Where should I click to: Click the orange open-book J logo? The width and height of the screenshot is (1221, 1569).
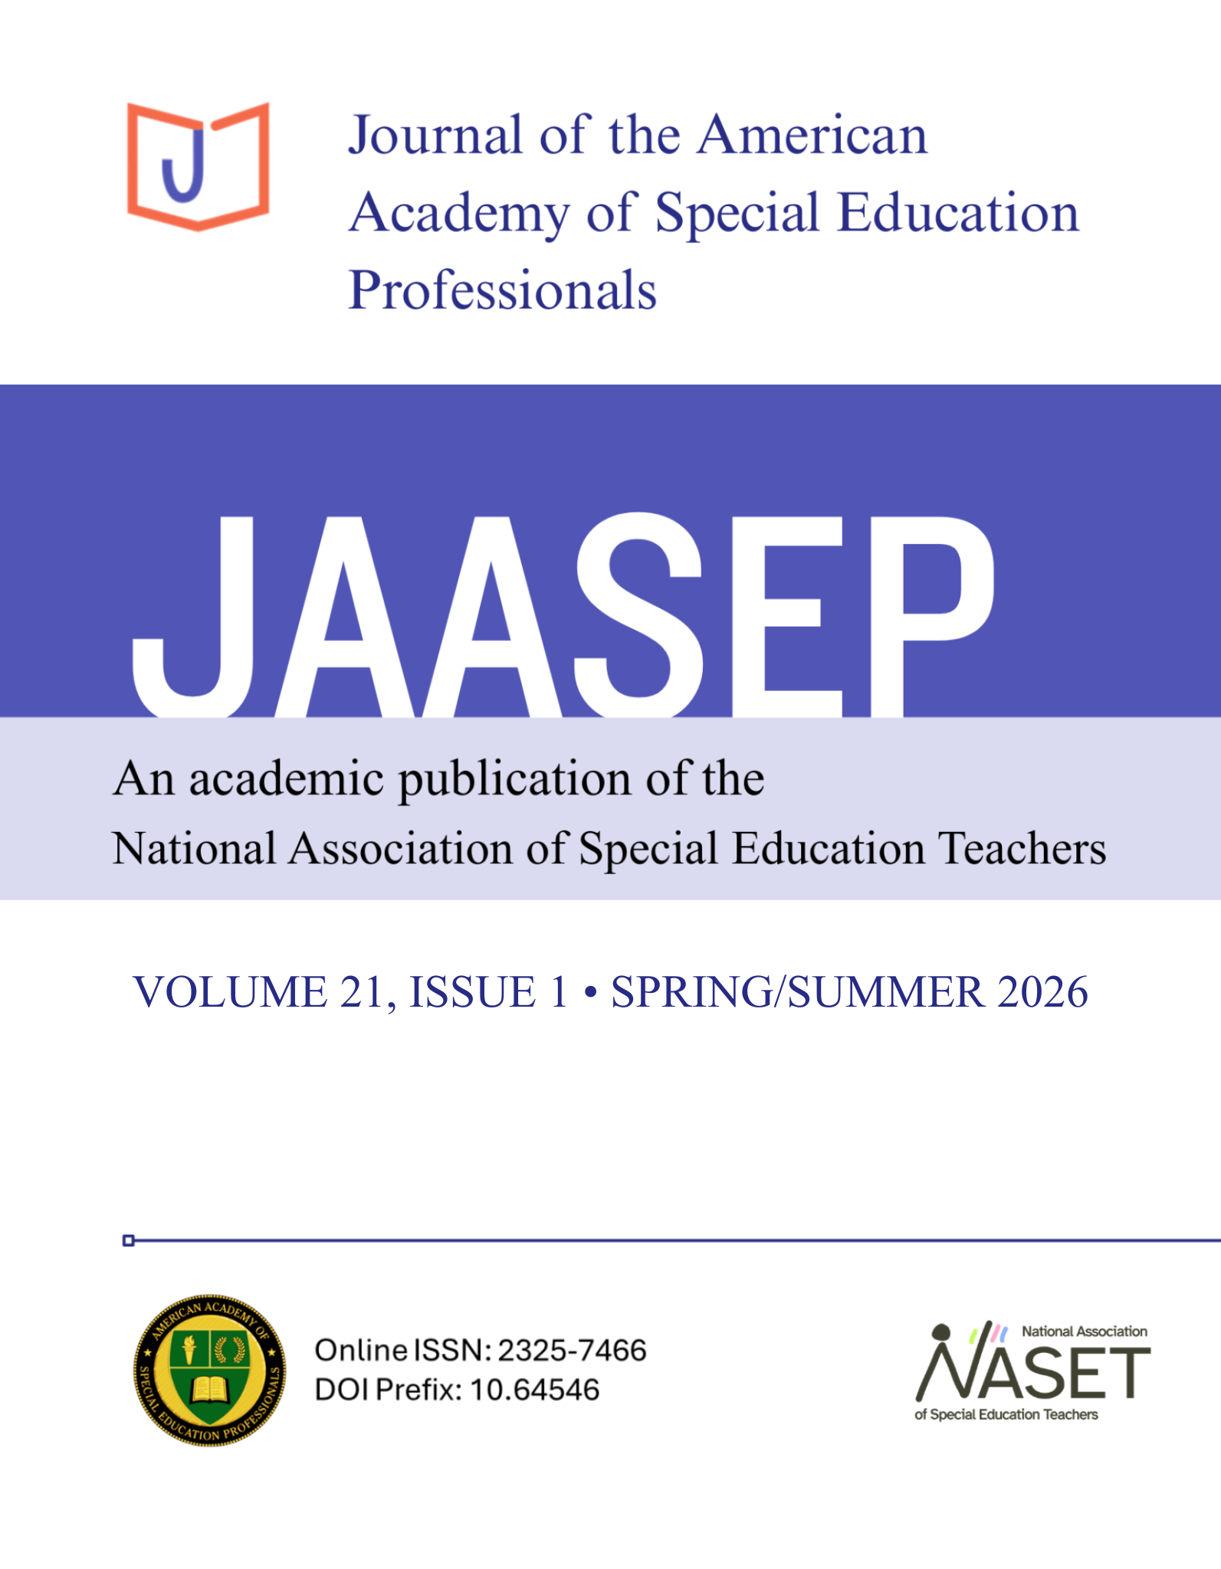(x=198, y=166)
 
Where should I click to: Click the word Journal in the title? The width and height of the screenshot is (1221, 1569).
(x=435, y=136)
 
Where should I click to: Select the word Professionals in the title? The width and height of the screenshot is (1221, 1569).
(x=503, y=291)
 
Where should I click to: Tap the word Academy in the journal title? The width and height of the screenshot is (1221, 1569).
(x=459, y=214)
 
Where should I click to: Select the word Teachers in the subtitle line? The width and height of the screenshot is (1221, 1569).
(x=1022, y=850)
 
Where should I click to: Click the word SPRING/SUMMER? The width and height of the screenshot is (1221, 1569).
(x=797, y=992)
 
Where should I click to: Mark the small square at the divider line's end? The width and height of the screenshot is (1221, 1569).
(x=129, y=1240)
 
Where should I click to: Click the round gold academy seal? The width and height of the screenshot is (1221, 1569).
(x=210, y=1371)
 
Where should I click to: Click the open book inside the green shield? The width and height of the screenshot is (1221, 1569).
(x=210, y=1387)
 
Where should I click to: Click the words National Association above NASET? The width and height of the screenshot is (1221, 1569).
(x=1084, y=1332)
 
